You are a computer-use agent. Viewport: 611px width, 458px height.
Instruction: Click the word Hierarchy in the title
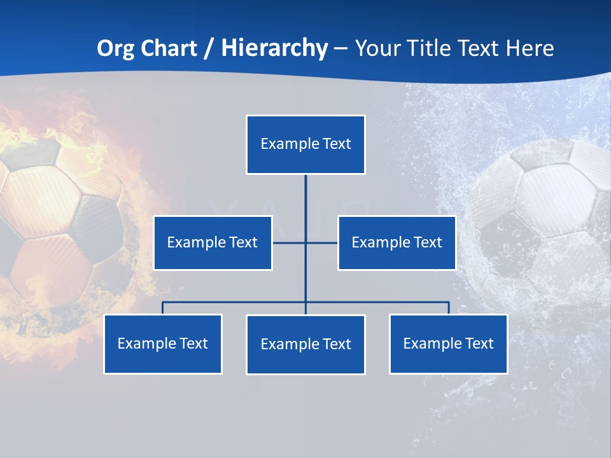click(274, 48)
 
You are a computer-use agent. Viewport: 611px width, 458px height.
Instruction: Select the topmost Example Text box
click(305, 144)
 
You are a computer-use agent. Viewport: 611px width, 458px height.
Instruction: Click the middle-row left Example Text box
click(213, 242)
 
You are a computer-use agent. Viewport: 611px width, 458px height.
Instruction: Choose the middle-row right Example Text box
click(397, 242)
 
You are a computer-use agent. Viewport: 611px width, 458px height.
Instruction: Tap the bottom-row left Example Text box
click(163, 343)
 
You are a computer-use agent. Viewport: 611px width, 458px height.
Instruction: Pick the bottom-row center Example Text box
click(305, 344)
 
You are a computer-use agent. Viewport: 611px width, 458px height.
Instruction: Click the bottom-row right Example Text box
click(449, 343)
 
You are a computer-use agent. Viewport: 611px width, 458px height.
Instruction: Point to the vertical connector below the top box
click(305, 204)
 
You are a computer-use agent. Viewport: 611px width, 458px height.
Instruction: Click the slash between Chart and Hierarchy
click(208, 48)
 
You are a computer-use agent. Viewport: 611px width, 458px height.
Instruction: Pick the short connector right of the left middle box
click(288, 242)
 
